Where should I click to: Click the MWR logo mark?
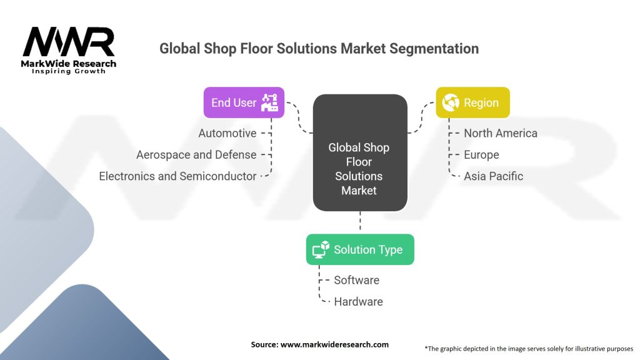click(69, 42)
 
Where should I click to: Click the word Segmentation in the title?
click(434, 49)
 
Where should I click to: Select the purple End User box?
click(244, 102)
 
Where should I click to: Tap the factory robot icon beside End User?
click(270, 102)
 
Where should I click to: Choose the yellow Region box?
click(472, 102)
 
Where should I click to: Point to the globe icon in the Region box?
click(451, 102)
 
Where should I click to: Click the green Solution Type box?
click(360, 249)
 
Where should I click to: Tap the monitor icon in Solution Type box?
click(321, 249)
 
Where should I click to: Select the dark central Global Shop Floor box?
click(360, 152)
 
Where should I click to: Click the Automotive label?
click(227, 134)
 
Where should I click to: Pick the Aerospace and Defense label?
click(196, 155)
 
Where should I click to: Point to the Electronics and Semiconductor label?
click(177, 176)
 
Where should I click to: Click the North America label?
click(501, 134)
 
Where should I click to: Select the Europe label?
click(481, 155)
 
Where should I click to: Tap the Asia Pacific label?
click(494, 176)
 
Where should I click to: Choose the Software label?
click(357, 281)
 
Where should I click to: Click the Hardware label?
click(358, 302)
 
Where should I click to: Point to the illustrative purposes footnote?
click(529, 349)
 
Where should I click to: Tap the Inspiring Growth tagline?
click(69, 71)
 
